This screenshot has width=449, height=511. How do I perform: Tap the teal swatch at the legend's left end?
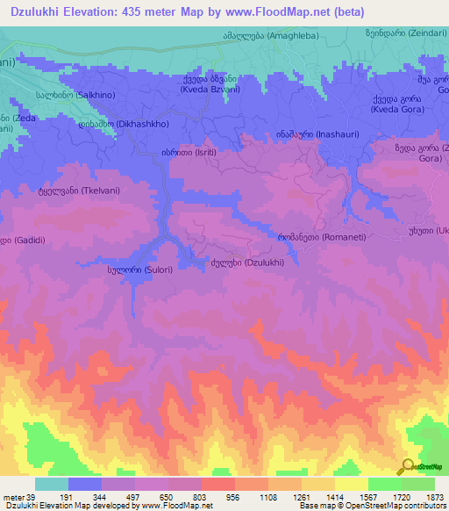(x=51, y=484)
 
